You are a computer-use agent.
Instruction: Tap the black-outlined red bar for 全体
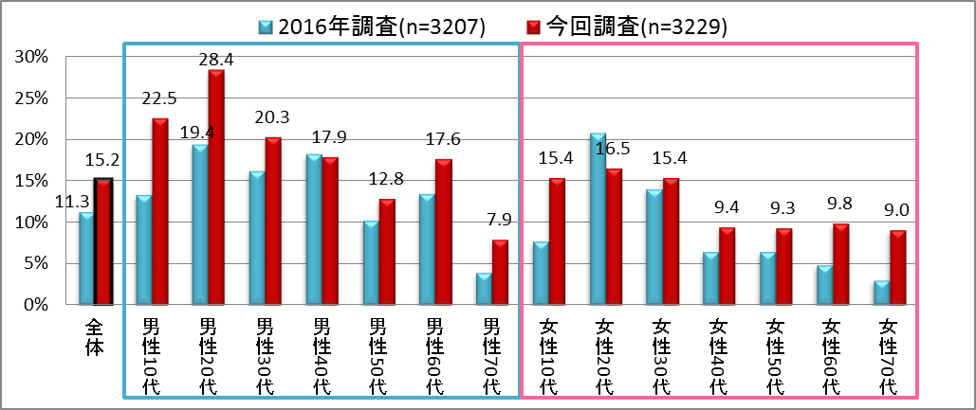pos(102,241)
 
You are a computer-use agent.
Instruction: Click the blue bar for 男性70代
pos(484,289)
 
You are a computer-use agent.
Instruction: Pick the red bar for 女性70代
pos(897,268)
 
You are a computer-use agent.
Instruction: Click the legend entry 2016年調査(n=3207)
pos(373,27)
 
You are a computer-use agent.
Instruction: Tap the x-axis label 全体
pos(94,335)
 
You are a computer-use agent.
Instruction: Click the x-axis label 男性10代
pos(151,356)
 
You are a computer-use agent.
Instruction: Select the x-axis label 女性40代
pos(718,356)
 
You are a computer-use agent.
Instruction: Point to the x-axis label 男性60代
pos(434,356)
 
